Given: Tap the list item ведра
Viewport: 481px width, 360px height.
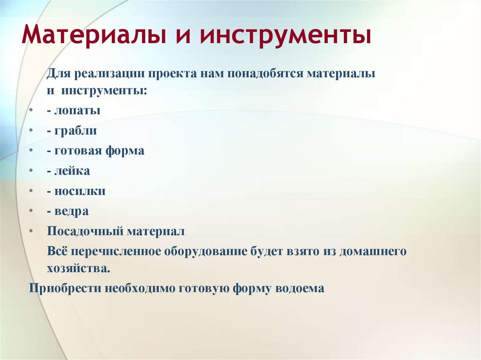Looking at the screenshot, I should [x=70, y=212].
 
